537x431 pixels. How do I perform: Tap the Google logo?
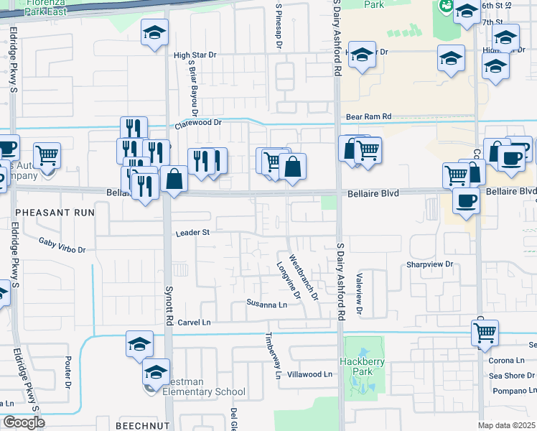pos(24,422)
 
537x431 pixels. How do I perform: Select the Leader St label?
pos(192,233)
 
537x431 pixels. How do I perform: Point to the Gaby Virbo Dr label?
pos(62,246)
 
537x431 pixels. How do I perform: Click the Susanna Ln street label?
pos(266,304)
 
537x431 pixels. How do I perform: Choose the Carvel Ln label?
pos(195,322)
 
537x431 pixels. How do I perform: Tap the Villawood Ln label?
pos(309,374)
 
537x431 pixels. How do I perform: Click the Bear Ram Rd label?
pos(368,116)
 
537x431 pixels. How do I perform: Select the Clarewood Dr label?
pos(198,123)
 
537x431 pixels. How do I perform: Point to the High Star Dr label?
pos(195,55)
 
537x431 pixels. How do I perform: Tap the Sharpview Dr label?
pos(431,264)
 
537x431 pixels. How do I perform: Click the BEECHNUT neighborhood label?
pos(142,425)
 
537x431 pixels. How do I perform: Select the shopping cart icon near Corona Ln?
pos(485,333)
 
